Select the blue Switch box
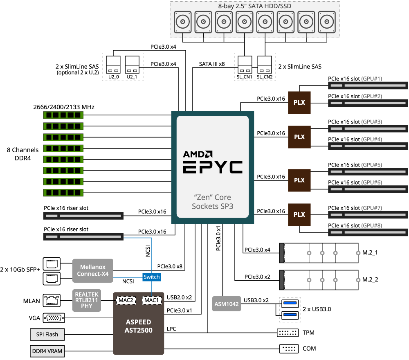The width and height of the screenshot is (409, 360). (x=151, y=277)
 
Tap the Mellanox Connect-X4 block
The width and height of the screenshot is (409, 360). (x=93, y=270)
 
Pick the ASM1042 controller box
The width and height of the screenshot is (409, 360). (x=226, y=304)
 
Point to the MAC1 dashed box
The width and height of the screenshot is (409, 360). (x=152, y=300)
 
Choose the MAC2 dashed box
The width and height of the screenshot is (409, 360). (x=126, y=300)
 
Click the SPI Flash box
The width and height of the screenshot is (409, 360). (x=47, y=334)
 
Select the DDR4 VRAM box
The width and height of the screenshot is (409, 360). (x=47, y=351)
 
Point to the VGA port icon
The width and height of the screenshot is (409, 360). (x=53, y=317)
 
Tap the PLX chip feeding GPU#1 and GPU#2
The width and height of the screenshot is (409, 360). (x=299, y=102)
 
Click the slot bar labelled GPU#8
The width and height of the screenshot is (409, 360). (x=368, y=232)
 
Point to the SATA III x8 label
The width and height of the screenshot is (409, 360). (x=212, y=64)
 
